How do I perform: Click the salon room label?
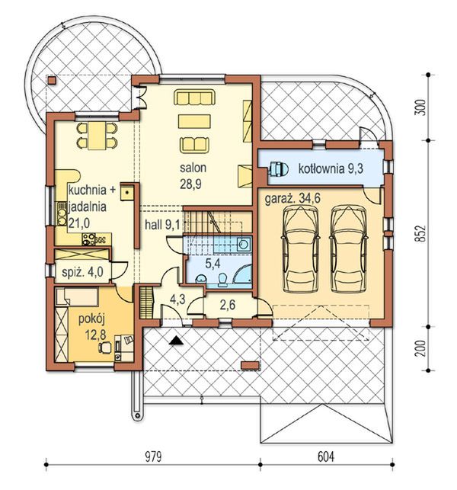193,168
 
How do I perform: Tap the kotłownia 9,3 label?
331,168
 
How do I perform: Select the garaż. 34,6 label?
292,199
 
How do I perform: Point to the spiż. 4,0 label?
82,272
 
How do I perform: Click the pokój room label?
91,320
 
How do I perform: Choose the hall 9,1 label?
162,225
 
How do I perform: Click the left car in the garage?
301,249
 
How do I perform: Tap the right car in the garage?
349,249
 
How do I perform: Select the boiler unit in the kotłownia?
278,169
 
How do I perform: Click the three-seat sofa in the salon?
194,98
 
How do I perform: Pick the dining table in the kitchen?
97,136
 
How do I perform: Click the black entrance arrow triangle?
176,341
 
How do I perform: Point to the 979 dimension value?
153,457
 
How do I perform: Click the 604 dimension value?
326,457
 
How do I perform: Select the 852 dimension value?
422,233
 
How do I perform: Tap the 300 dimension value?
422,107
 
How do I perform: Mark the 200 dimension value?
422,348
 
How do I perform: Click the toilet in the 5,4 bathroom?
222,280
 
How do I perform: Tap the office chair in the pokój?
105,347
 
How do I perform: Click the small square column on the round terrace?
52,81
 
